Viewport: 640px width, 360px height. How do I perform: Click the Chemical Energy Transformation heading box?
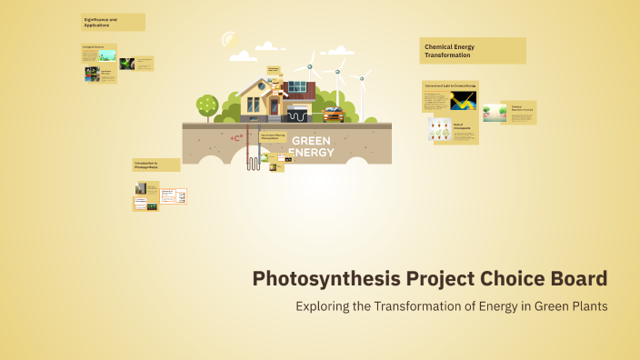point(473,51)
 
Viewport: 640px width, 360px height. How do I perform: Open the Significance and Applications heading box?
point(113,22)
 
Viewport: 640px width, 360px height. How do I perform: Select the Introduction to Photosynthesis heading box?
point(155,165)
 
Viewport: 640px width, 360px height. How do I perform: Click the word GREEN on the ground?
point(310,142)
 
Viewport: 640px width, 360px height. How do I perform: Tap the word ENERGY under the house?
point(310,152)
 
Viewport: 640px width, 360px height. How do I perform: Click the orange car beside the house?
point(333,115)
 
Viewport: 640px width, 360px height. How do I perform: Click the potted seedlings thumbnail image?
point(440,130)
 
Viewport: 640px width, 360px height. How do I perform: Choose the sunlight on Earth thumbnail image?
point(464,100)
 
